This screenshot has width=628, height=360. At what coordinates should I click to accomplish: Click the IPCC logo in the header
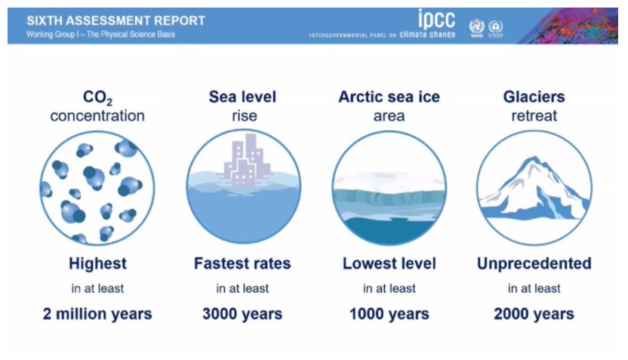382,23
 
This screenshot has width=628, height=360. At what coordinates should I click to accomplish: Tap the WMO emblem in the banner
476,28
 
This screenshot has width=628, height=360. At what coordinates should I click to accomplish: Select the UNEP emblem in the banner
495,29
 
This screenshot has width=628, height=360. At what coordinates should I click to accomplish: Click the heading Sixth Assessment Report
115,20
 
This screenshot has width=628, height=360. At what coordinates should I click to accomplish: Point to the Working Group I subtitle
100,35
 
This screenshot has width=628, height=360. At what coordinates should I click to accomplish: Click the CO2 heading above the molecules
97,97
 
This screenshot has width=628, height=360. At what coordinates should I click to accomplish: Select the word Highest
97,263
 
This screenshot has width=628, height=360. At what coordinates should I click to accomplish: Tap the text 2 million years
97,314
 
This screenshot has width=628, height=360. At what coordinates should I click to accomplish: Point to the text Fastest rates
242,263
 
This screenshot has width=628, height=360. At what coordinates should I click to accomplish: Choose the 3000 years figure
242,314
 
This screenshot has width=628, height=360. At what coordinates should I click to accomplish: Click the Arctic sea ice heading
389,97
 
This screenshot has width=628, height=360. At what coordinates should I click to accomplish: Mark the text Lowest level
389,263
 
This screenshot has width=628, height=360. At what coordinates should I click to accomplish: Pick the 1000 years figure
389,314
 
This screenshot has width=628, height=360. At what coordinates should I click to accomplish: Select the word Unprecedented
534,263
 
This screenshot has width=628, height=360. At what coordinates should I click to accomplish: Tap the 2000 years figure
534,314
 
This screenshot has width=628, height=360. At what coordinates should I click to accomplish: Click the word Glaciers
534,97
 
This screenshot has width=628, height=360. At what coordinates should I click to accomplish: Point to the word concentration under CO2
97,116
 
